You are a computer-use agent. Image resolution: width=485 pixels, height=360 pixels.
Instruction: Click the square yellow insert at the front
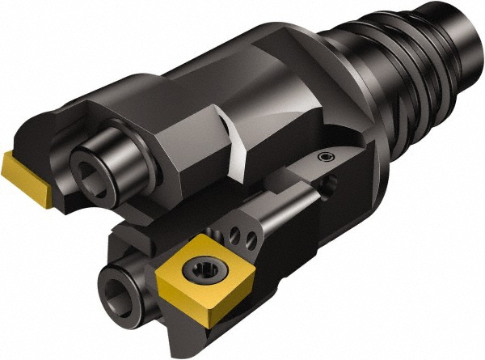tap(187, 279)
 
